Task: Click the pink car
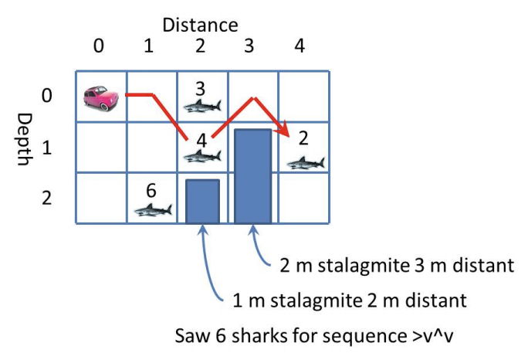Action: pos(101,98)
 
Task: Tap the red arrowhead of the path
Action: pos(285,130)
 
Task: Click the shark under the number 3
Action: pos(202,106)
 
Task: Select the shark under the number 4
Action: pos(202,156)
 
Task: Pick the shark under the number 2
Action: pos(306,163)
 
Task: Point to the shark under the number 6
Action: pos(153,209)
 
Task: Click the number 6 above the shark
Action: pos(151,191)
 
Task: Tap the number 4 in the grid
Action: pos(201,141)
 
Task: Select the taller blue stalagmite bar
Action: pos(253,176)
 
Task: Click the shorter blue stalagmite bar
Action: pos(203,201)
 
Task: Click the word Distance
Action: pos(201,25)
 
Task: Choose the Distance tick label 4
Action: pos(300,46)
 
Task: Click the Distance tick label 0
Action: pos(98,46)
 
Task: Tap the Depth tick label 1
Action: pos(47,148)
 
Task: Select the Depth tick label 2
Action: pos(47,198)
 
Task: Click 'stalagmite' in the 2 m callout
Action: pos(364,265)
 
